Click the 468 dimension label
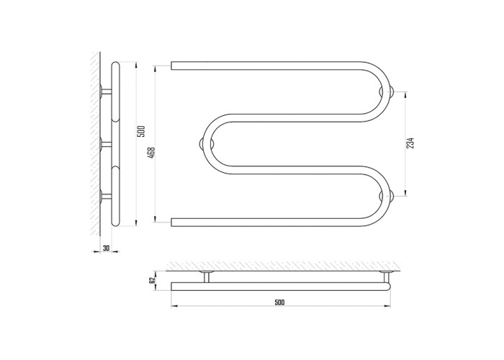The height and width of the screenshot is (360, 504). [x=152, y=152]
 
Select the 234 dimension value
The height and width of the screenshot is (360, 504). [x=410, y=143]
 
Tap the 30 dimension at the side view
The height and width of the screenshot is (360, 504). [x=106, y=248]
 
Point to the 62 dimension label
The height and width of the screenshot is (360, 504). [x=153, y=280]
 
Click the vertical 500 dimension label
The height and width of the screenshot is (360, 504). [x=141, y=132]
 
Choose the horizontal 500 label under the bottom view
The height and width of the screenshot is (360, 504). [x=279, y=302]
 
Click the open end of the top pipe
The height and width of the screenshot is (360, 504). [x=171, y=66]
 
